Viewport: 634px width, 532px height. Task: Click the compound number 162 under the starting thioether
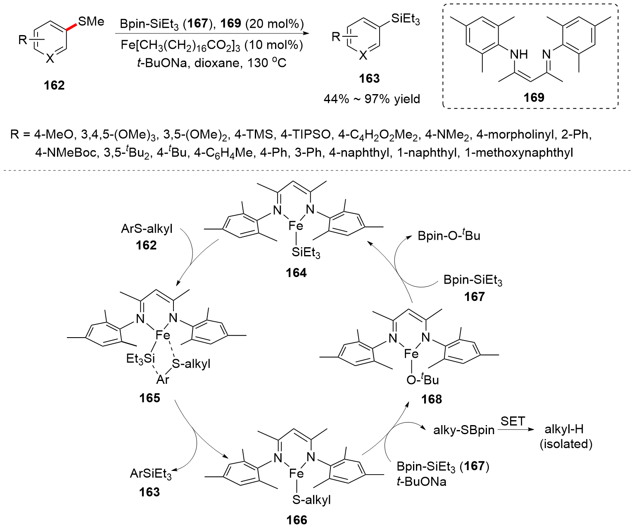pos(55,85)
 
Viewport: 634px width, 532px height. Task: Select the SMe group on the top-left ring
pos(91,21)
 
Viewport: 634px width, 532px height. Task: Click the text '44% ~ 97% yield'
pos(372,99)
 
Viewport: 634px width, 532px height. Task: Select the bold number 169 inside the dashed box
pos(534,97)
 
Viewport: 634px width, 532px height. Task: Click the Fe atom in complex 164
pos(296,225)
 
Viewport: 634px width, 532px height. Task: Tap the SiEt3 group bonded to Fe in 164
pos(306,253)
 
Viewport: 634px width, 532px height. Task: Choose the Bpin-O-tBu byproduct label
pos(449,236)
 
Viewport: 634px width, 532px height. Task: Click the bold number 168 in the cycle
pos(432,399)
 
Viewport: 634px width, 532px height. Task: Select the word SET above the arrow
pos(513,421)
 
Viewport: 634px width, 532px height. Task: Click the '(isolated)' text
pos(566,444)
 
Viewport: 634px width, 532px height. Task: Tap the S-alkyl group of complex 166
pos(311,500)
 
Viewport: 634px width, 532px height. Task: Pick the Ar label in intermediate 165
pos(163,379)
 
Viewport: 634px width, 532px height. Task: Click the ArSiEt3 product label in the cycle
pos(151,473)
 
